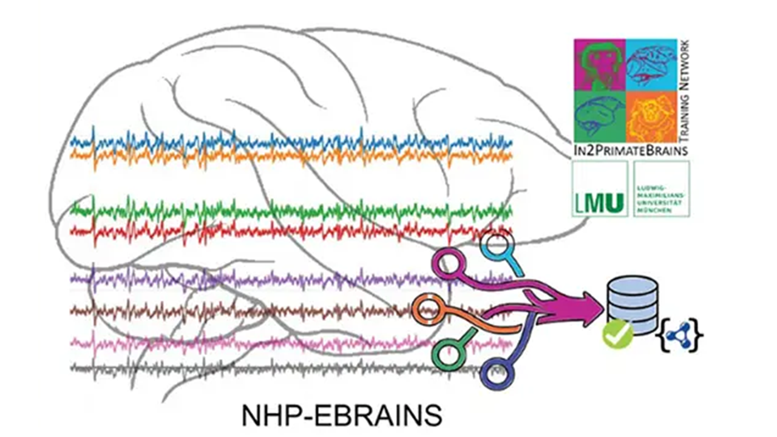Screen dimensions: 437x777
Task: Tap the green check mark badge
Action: pos(617,334)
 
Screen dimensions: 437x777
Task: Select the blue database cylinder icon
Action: pos(632,302)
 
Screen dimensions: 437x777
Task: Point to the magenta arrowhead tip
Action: pos(602,302)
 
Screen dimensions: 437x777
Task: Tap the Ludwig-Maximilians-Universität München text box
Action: pos(661,189)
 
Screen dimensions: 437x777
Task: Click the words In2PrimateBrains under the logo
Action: pos(631,149)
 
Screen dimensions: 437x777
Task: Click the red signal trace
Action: pos(291,231)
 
